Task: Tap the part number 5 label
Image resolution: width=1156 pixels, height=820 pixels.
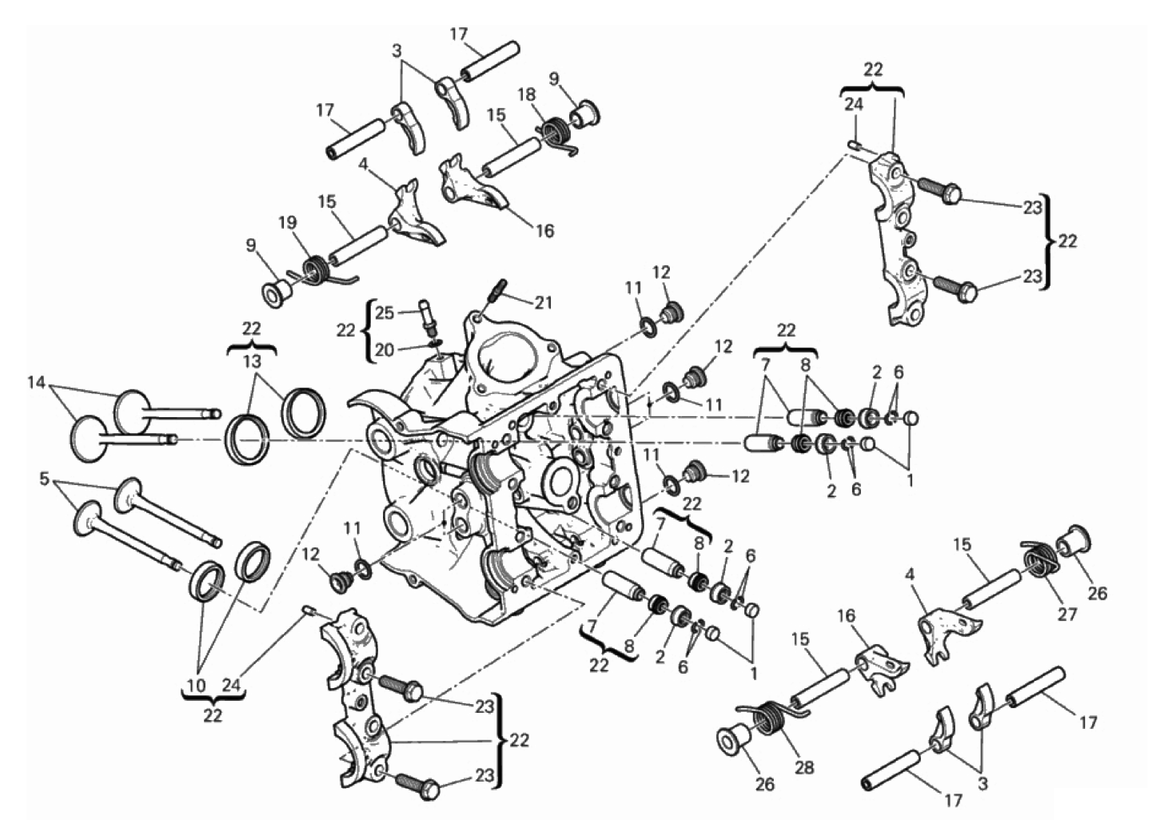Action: point(43,480)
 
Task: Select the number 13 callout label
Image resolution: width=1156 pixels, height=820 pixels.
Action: point(252,360)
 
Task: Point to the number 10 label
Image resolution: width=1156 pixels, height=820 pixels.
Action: point(196,685)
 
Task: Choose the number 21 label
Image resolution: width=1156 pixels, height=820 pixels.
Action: point(544,302)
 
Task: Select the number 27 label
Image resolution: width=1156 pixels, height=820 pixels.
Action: point(1067,614)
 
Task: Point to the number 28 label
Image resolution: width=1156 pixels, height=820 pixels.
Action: point(804,767)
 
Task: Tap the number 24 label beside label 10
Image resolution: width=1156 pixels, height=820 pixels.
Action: point(232,685)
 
